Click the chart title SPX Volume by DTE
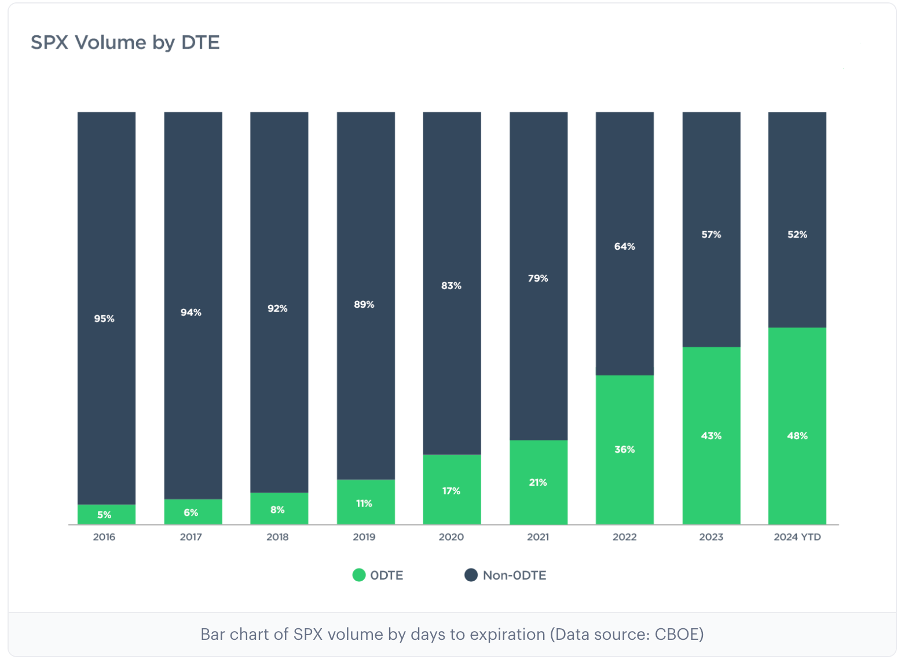125,42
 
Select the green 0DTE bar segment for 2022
624,417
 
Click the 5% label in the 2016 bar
104,515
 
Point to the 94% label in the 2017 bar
191,312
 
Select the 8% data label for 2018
277,509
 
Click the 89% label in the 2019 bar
364,304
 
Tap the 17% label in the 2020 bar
451,491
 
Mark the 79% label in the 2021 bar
537,278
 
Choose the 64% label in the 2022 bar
624,246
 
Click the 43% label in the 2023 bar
711,436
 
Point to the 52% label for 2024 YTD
797,235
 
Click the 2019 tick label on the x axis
364,537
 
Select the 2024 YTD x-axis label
797,537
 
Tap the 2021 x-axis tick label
537,537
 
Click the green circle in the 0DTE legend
359,575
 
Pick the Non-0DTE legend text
514,575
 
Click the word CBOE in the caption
676,634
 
